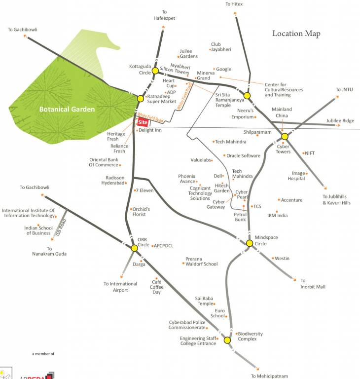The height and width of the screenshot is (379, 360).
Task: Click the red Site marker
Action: [143, 122]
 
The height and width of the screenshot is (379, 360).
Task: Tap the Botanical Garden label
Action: [67, 109]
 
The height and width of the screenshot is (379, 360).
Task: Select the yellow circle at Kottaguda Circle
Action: [155, 71]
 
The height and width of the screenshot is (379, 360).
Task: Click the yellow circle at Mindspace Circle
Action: [250, 243]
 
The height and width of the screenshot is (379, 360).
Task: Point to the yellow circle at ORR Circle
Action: [134, 248]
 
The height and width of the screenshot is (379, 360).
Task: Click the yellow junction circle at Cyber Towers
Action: [285, 136]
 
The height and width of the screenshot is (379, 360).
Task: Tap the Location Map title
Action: [296, 34]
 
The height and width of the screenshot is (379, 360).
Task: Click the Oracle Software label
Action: [243, 155]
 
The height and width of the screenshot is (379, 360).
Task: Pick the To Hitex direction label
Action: [234, 4]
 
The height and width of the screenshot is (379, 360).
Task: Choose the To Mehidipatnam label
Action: [269, 376]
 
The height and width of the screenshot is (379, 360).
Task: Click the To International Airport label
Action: [120, 287]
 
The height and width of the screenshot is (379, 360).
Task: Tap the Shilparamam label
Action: [257, 132]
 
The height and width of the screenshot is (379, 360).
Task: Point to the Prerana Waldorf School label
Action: [201, 262]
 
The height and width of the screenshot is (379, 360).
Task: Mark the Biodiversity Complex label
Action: [250, 337]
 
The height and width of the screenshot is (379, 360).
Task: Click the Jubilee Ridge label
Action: [340, 121]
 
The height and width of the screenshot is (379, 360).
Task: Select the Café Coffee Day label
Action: [156, 287]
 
